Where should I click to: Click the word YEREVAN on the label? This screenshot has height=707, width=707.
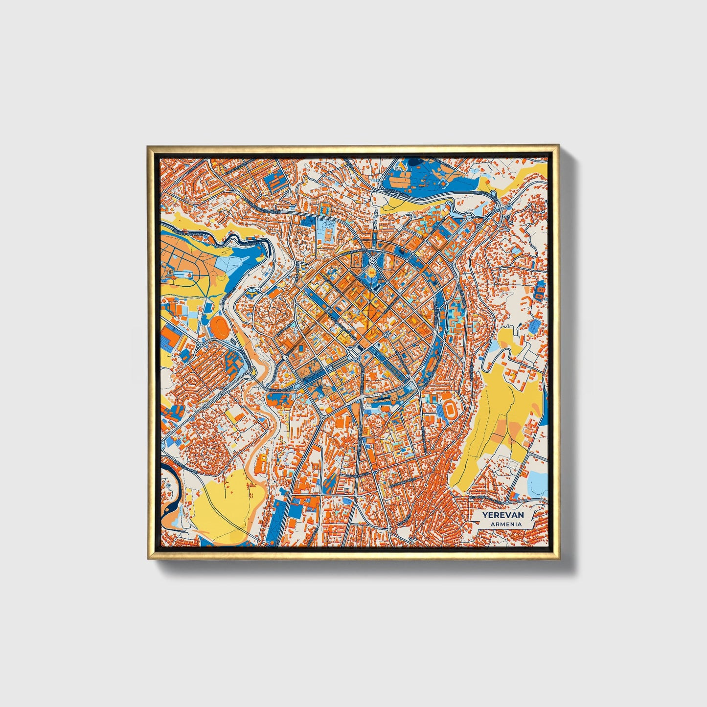click(x=502, y=515)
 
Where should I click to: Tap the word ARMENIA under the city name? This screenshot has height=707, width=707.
click(x=502, y=524)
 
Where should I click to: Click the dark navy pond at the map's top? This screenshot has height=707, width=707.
click(x=416, y=164)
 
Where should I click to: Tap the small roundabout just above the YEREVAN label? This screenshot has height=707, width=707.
click(x=507, y=502)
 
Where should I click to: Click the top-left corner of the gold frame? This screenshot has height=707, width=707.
click(x=147, y=145)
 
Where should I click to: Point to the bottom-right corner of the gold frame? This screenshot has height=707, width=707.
click(x=558, y=558)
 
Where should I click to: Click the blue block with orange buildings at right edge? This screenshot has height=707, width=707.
click(x=540, y=292)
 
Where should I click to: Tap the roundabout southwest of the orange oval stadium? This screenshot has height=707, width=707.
click(x=201, y=344)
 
